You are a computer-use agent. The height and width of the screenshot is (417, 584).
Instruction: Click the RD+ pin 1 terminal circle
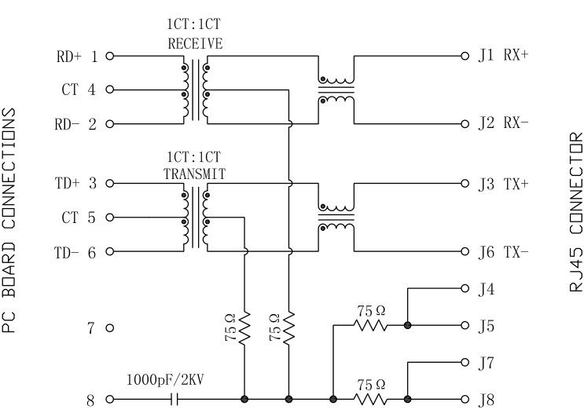tap(109, 57)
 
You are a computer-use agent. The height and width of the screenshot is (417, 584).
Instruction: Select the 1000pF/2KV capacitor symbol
tap(175, 399)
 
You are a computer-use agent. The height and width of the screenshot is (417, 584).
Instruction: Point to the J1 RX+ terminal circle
tap(465, 57)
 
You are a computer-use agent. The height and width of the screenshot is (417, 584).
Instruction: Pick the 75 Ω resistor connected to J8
tap(370, 399)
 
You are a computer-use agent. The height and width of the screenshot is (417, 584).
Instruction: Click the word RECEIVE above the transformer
tap(195, 44)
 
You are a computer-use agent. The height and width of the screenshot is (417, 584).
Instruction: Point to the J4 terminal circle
tap(465, 289)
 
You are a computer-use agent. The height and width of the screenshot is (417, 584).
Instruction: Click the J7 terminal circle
tap(465, 363)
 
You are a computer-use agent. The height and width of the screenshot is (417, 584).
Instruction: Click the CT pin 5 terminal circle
tap(109, 218)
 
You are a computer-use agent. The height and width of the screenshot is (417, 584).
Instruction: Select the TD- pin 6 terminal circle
tap(109, 252)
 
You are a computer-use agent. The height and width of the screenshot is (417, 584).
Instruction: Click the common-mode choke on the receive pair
tap(336, 90)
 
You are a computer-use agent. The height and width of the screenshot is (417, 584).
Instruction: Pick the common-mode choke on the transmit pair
tap(336, 218)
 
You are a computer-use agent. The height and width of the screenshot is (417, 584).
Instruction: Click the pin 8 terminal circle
tap(109, 399)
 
